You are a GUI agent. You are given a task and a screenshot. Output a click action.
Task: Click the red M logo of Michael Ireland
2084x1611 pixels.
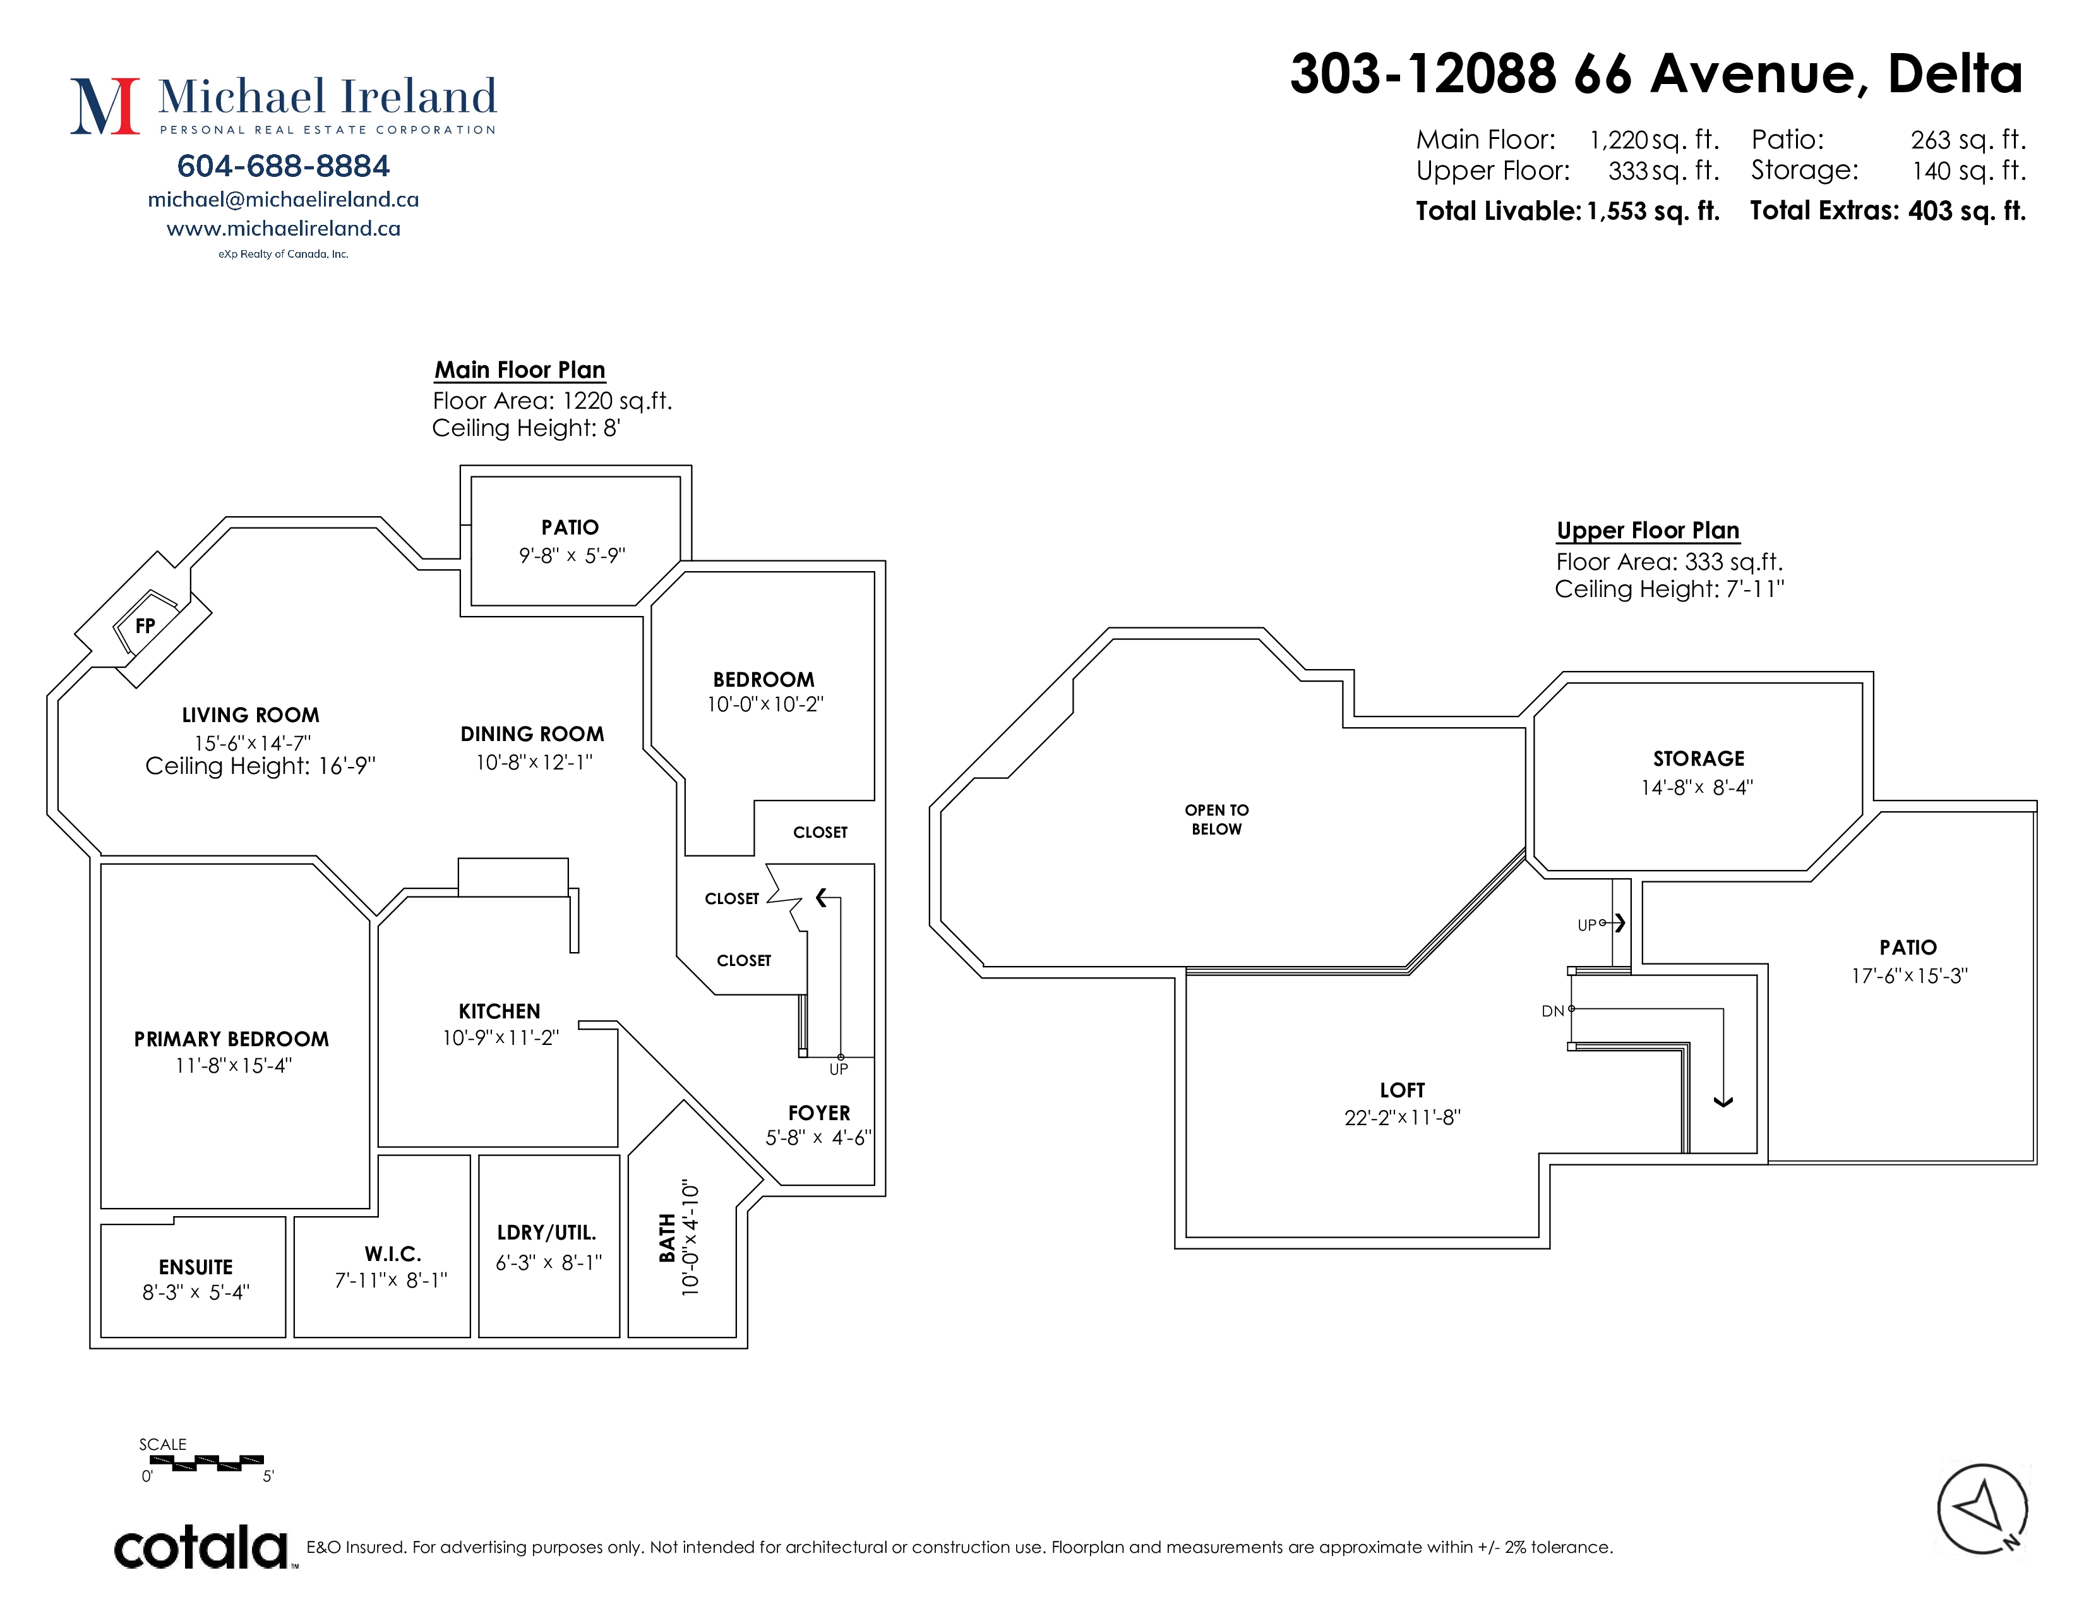pos(105,106)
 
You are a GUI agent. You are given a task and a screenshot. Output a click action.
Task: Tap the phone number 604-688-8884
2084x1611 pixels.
pos(284,166)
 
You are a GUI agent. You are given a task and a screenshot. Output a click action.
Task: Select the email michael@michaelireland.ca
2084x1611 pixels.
pos(284,200)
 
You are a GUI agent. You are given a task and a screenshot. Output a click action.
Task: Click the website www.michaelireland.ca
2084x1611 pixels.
pos(284,228)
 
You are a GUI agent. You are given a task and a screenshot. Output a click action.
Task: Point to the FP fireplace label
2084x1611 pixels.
pos(145,626)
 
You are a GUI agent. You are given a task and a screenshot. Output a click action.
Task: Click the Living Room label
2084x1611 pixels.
pos(251,715)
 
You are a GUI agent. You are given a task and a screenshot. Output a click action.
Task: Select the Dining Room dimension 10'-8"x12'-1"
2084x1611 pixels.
pos(534,762)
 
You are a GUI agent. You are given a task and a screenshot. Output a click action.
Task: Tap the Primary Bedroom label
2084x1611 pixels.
pos(232,1039)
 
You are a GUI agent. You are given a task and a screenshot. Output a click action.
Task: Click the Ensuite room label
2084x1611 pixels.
pos(196,1267)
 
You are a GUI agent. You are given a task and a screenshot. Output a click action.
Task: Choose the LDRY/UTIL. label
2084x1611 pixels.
pos(547,1233)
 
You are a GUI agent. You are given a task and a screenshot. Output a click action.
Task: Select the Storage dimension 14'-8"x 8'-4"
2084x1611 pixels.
pos(1698,787)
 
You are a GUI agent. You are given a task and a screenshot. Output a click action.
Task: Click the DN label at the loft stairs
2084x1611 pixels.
pos(1552,1011)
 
